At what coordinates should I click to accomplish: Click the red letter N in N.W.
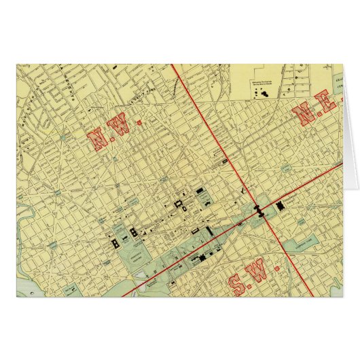point(98,140)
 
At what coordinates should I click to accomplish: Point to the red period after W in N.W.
point(139,123)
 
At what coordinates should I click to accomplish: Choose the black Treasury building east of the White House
point(134,232)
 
